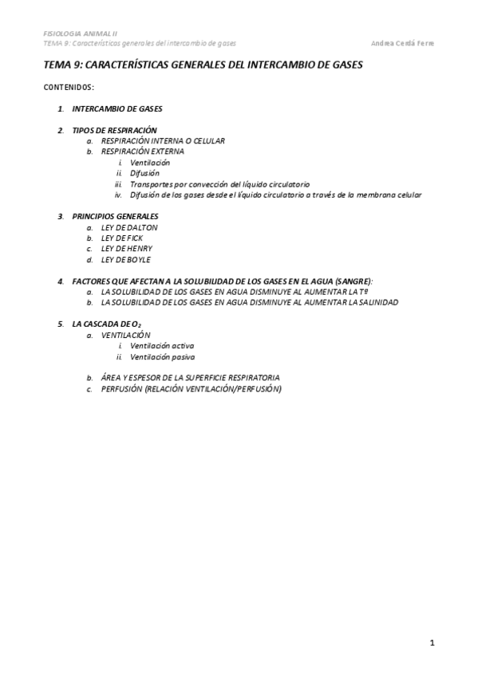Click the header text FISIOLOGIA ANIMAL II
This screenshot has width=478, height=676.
coord(80,33)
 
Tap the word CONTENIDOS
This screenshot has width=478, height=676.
coord(69,86)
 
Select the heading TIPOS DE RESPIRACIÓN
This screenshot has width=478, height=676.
coord(114,130)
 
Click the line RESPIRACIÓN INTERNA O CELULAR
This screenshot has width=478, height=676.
coord(163,140)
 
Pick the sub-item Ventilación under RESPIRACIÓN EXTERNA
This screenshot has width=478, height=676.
coord(150,162)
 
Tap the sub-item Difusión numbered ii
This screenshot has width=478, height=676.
coord(144,172)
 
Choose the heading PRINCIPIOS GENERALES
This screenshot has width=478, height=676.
coord(115,216)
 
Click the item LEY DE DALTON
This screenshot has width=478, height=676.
coord(129,227)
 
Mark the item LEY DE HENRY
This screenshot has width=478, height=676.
coord(127,249)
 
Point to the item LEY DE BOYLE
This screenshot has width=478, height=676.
coord(126,259)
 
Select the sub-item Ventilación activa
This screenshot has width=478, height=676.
coord(162,346)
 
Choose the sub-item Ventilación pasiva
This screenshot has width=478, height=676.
coord(162,357)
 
